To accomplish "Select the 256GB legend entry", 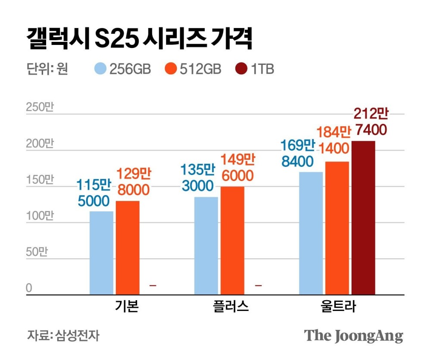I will tap(123, 69).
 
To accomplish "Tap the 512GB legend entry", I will tap(193, 69).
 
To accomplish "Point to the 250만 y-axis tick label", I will tap(40, 108).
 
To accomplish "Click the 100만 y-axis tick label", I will tap(40, 216).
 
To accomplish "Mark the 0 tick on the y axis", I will tap(29, 288).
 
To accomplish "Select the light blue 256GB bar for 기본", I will tap(101, 253).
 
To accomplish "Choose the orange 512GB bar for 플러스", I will tap(232, 240).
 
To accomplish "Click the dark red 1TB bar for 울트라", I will tap(363, 218).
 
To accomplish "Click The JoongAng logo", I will tap(353, 336).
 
